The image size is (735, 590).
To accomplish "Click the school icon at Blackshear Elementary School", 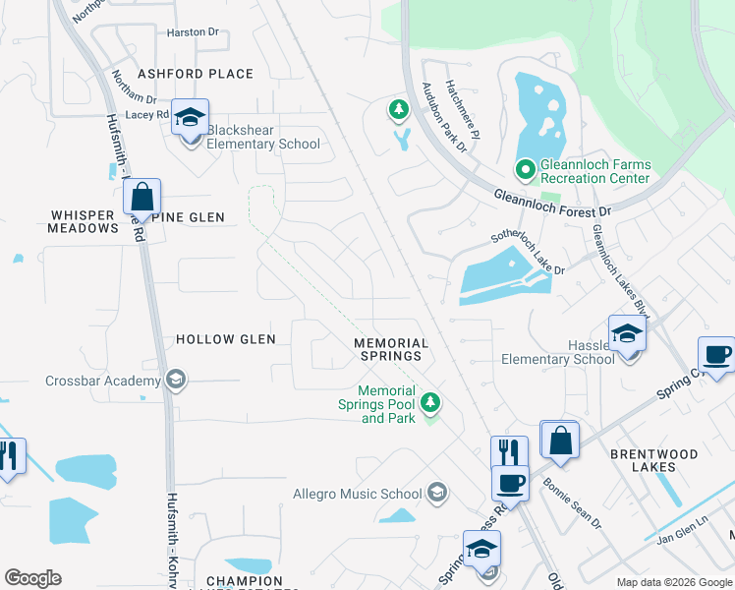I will (x=191, y=119).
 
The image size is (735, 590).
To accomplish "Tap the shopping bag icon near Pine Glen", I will (x=142, y=197).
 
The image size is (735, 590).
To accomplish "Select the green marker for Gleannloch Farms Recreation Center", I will (x=525, y=171).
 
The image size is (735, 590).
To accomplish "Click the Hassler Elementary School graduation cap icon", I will (x=627, y=334).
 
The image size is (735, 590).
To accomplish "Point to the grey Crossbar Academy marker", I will (x=176, y=381).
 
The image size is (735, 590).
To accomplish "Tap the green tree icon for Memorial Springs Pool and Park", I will (x=429, y=402).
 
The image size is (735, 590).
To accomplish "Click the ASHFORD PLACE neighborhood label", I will (x=196, y=74).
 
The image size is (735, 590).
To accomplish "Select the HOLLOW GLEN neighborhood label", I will (x=225, y=339).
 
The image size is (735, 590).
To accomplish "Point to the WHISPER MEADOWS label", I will (x=83, y=221).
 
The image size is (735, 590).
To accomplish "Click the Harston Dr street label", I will (x=193, y=32).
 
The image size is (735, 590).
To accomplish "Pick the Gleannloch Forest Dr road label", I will (x=552, y=204).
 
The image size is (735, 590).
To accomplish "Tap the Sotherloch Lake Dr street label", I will (x=529, y=255).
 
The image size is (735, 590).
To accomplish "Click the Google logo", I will (x=32, y=578).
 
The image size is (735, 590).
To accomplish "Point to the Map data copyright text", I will (x=673, y=582).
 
